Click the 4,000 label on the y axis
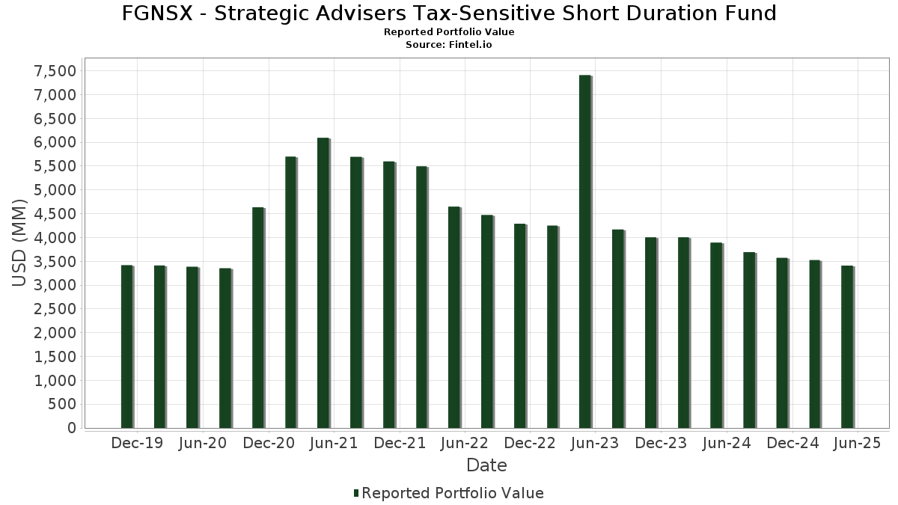coord(55,238)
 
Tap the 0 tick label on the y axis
coord(71,428)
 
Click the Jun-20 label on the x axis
coord(202,443)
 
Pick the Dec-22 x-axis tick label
coord(530,443)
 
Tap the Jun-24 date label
coord(727,443)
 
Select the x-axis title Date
coord(486,465)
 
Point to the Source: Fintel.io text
coord(449,45)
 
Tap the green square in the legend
coord(356,493)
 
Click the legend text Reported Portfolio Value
coord(453,493)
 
